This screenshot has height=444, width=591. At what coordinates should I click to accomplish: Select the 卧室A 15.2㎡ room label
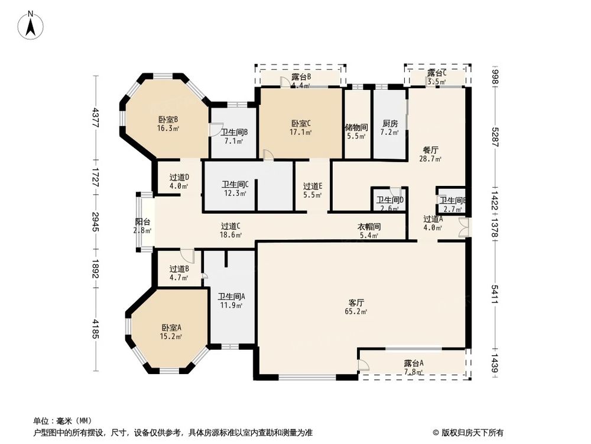171,332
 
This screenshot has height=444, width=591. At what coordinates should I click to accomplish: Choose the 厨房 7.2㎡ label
389,128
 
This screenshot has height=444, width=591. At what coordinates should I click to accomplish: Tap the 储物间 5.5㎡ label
356,131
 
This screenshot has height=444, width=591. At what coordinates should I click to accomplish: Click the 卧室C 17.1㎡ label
301,128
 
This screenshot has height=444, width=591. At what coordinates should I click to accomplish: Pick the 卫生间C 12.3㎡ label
235,188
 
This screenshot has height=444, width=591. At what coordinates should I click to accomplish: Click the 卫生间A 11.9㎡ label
230,301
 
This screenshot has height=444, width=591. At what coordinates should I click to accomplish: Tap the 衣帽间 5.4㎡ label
368,231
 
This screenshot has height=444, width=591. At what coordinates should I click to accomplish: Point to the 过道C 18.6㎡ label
230,230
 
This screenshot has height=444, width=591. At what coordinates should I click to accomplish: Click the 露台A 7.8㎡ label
414,367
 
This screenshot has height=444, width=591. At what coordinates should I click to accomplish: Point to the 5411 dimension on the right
495,294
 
